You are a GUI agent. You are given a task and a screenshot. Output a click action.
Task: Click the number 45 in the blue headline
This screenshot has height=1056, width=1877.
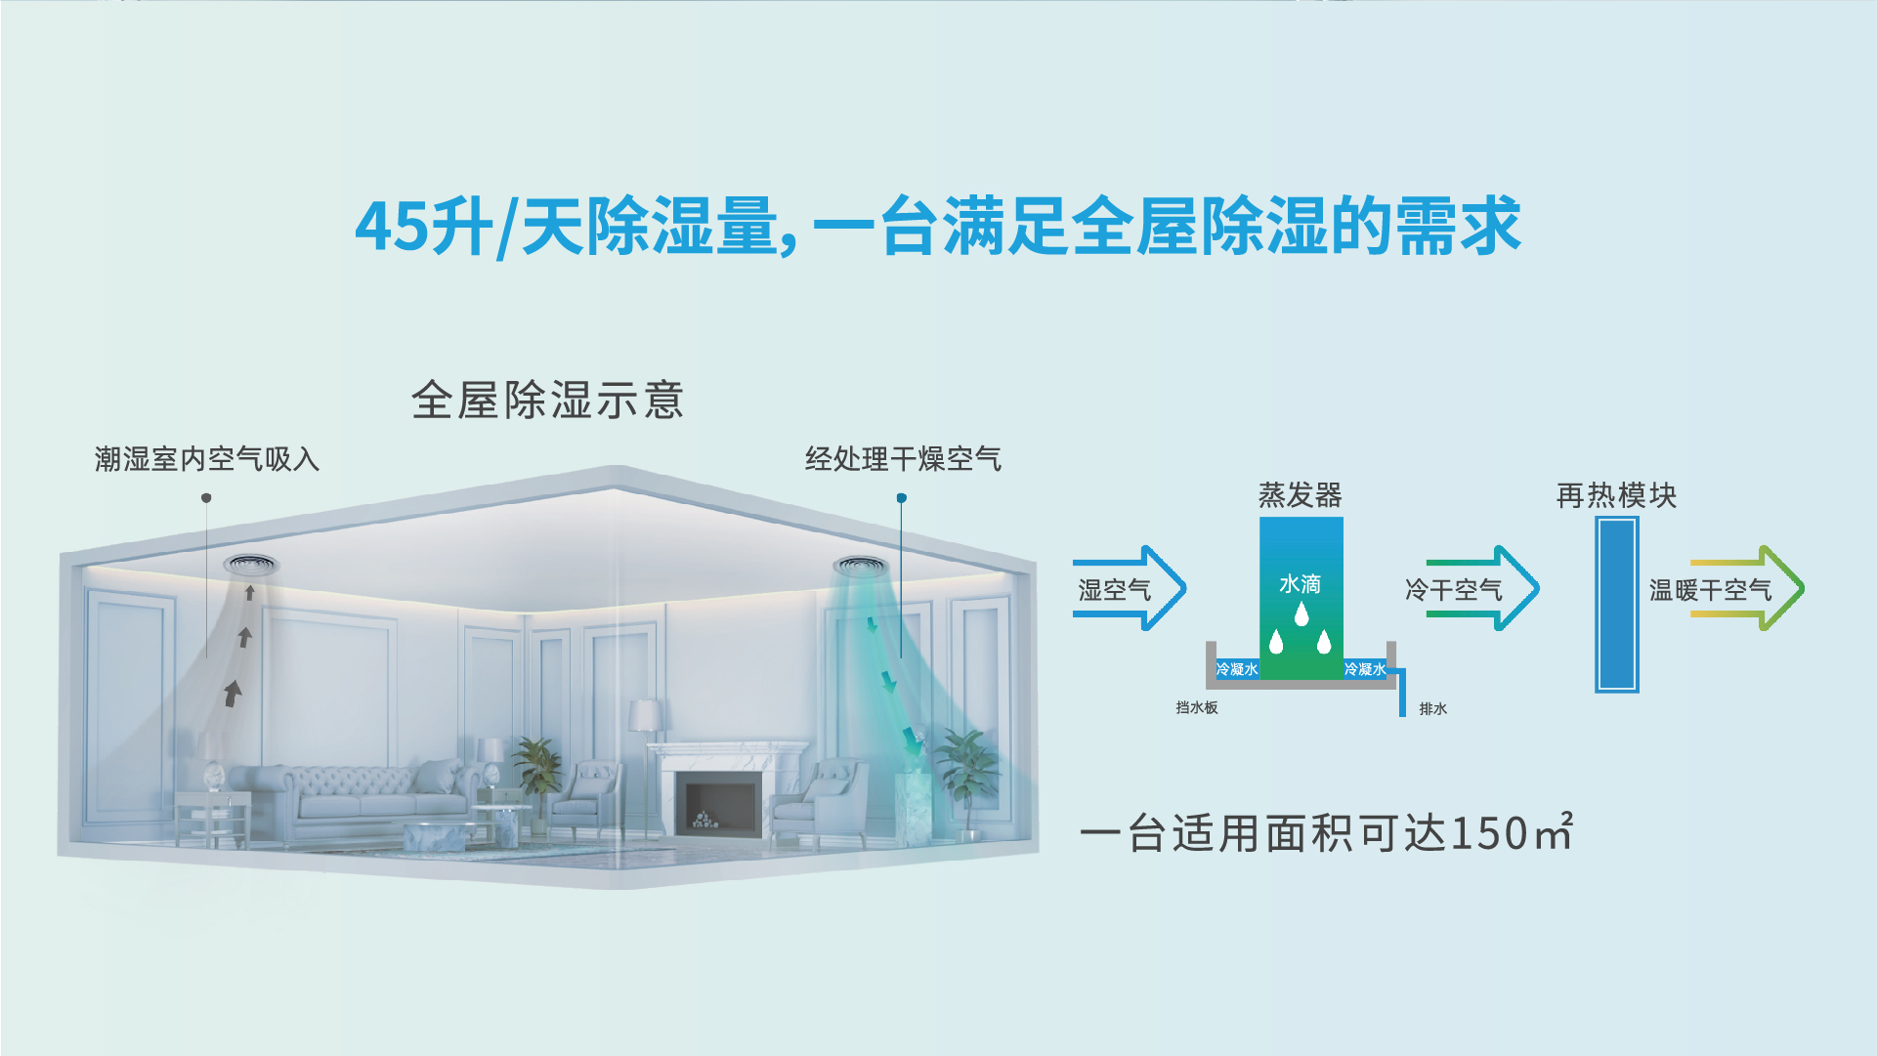(x=392, y=227)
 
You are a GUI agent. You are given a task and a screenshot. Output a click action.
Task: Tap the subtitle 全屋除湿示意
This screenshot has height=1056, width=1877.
(x=547, y=401)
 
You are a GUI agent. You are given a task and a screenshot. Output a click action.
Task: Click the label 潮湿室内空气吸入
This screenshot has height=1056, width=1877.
(x=207, y=459)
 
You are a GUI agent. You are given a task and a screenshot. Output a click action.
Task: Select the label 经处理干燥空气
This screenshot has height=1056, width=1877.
(x=903, y=459)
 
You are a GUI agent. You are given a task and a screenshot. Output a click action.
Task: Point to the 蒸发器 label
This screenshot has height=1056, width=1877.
(x=1301, y=495)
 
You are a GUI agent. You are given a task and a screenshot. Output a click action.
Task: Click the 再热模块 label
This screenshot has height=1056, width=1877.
(x=1616, y=495)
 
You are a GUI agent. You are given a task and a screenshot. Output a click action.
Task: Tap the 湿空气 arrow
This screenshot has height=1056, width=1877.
(x=1130, y=588)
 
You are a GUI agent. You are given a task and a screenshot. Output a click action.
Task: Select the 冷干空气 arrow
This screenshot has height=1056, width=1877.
(x=1482, y=588)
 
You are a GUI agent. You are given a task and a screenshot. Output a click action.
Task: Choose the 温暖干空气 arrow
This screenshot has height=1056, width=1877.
(x=1747, y=588)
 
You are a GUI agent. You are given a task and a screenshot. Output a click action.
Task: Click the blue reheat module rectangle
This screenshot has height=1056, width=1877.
(x=1617, y=605)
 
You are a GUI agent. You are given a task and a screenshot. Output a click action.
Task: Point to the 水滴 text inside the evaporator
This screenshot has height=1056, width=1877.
(x=1301, y=584)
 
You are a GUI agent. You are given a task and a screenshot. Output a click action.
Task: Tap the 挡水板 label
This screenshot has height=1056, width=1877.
(x=1197, y=707)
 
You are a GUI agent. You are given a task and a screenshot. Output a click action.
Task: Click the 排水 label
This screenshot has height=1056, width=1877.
(x=1433, y=708)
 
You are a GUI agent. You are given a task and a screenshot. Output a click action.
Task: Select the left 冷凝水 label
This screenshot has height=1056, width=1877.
(x=1237, y=669)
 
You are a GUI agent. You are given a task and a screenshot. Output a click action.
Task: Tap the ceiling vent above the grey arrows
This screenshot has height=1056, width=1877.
(x=251, y=564)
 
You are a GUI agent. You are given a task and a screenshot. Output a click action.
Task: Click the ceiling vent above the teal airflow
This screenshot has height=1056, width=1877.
(x=861, y=566)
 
